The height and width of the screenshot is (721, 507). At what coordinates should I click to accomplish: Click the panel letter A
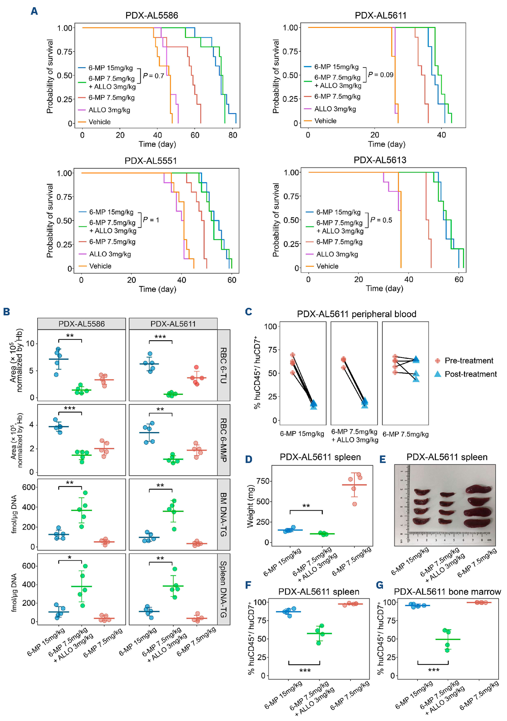34,11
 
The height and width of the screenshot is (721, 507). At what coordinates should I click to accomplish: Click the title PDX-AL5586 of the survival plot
152,15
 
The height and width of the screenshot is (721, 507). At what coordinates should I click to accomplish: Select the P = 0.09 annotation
381,75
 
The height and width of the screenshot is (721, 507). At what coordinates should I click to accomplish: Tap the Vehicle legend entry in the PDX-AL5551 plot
100,266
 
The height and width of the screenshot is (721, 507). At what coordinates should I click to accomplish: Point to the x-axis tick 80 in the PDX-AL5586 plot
233,135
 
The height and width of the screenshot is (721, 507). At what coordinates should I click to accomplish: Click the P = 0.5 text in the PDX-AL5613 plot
381,220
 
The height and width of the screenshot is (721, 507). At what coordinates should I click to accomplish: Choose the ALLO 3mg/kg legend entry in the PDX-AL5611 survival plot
335,109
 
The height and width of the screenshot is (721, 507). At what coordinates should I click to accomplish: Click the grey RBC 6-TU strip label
223,365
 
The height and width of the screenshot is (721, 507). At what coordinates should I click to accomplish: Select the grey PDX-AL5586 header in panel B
81,324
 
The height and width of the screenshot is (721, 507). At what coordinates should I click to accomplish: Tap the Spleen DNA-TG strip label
223,589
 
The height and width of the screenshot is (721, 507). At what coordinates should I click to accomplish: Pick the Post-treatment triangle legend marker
437,374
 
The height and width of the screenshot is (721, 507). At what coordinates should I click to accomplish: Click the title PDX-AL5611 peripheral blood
356,314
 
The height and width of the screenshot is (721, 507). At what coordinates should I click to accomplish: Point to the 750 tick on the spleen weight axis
263,481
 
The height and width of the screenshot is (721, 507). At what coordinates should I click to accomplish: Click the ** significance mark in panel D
306,506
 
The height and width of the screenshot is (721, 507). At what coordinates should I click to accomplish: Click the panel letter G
380,585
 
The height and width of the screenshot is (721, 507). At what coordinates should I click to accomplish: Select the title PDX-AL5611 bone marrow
447,592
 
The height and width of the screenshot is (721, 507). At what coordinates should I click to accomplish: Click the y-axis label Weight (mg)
250,506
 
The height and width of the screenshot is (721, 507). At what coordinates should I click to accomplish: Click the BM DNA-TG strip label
223,514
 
